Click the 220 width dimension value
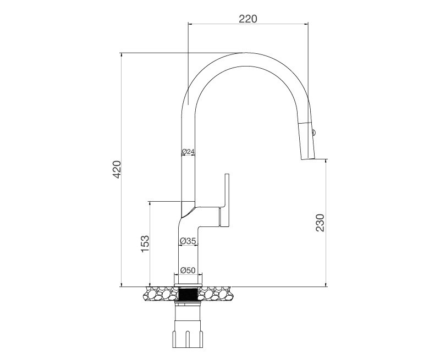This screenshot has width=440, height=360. tap(248, 19)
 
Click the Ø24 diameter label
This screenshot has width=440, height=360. tap(188, 151)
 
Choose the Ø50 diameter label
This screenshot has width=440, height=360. tap(188, 270)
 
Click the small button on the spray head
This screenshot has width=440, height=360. tap(314, 131)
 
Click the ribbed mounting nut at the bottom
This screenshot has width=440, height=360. tap(188, 333)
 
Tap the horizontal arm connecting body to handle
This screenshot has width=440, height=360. tap(209, 217)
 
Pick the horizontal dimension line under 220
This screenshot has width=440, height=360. tap(248, 24)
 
